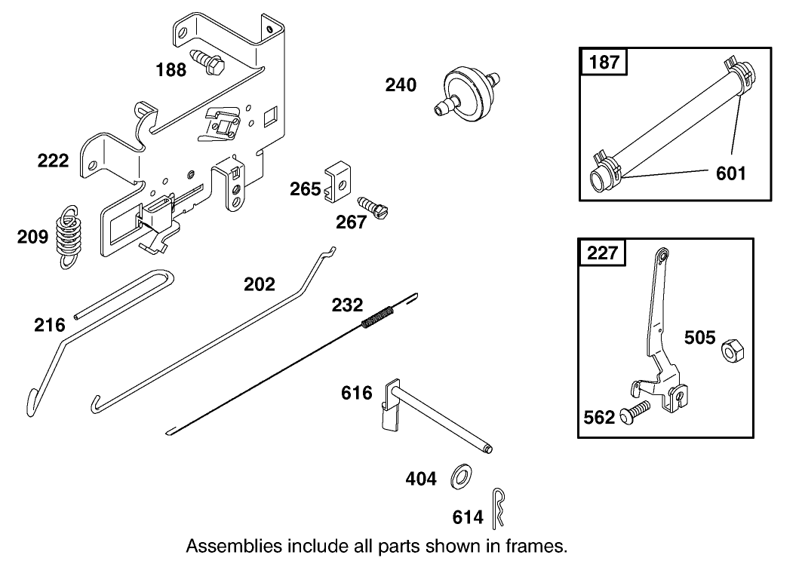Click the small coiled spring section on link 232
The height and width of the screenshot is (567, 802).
376,314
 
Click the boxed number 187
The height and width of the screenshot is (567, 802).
605,62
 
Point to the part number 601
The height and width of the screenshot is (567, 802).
730,174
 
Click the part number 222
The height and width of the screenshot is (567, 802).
54,160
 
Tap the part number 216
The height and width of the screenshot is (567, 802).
49,325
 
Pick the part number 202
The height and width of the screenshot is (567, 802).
259,284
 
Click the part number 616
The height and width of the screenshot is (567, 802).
357,393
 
